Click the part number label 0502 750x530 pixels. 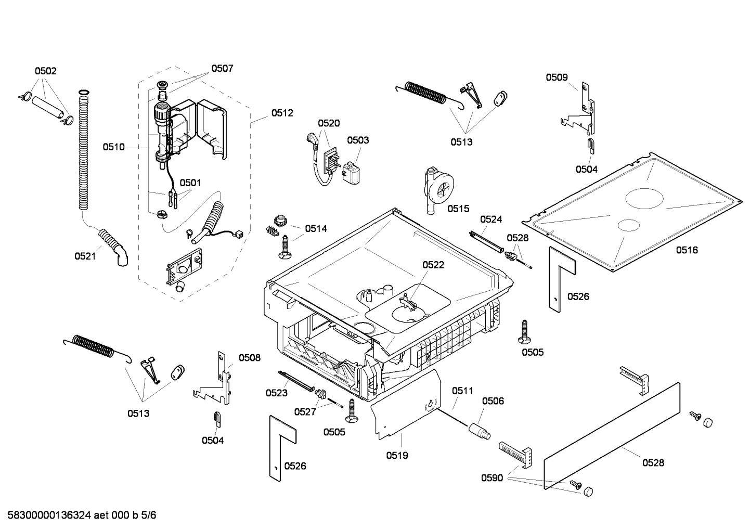pyautogui.click(x=46, y=71)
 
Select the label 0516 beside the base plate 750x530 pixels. pyautogui.click(x=687, y=250)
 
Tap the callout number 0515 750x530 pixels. pyautogui.click(x=458, y=209)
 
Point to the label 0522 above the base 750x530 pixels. pyautogui.click(x=433, y=265)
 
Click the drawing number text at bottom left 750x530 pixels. pyautogui.click(x=79, y=515)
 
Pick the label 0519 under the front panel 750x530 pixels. pyautogui.click(x=397, y=456)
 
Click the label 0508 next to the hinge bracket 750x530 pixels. pyautogui.click(x=250, y=358)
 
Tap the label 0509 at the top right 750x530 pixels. pyautogui.click(x=557, y=77)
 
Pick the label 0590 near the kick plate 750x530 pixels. pyautogui.click(x=492, y=477)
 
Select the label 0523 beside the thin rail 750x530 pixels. pyautogui.click(x=276, y=393)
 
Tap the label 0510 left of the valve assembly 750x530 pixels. pyautogui.click(x=113, y=147)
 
